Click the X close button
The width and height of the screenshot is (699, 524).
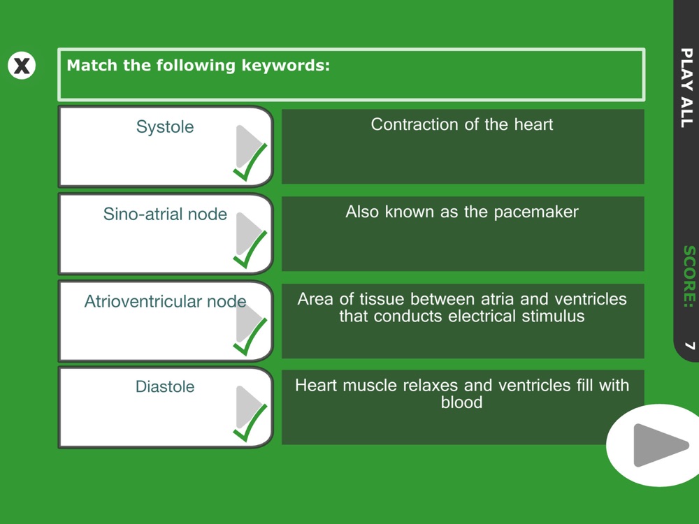click(x=22, y=66)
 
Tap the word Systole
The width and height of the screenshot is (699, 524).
click(x=165, y=127)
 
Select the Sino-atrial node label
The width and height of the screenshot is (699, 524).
click(x=165, y=214)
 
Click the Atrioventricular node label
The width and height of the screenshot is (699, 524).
click(x=165, y=301)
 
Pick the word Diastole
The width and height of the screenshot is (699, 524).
click(x=165, y=386)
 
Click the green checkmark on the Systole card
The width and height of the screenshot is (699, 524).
click(x=250, y=163)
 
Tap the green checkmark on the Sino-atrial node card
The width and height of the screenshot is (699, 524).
click(x=250, y=250)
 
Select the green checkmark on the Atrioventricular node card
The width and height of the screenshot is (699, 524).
click(x=250, y=337)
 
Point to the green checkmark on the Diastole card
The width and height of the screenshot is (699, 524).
click(x=250, y=424)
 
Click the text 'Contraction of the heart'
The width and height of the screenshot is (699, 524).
click(x=462, y=124)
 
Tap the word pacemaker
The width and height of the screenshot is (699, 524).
click(x=536, y=212)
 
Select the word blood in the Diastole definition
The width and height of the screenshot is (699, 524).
click(x=462, y=402)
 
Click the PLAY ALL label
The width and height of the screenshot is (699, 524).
click(x=687, y=88)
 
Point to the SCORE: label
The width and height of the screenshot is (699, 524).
click(x=689, y=276)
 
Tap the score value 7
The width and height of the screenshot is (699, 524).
click(x=690, y=345)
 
